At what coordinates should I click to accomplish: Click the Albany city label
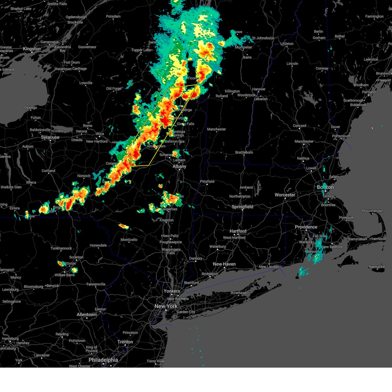click(x=179, y=166)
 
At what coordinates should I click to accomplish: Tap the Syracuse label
click(x=50, y=138)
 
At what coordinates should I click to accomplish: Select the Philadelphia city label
click(x=103, y=360)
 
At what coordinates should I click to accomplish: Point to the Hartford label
click(x=238, y=231)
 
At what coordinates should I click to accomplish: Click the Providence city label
click(x=306, y=227)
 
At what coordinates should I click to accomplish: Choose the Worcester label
click(x=285, y=195)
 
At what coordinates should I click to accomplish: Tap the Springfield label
click(x=242, y=207)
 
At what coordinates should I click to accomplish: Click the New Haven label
click(x=224, y=264)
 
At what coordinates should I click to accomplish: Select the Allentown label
click(x=87, y=315)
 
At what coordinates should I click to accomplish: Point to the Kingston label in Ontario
click(x=32, y=49)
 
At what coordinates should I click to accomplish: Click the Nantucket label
click(x=377, y=267)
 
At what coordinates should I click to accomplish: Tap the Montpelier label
click(x=244, y=47)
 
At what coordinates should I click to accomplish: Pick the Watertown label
click(x=63, y=69)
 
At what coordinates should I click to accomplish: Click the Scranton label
click(x=76, y=257)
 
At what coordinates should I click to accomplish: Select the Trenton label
click(x=125, y=342)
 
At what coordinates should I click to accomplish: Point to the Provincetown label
click(x=372, y=211)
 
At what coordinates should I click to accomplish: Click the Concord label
click(x=299, y=126)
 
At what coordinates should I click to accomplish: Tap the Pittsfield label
click(x=207, y=182)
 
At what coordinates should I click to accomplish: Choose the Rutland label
click(x=221, y=96)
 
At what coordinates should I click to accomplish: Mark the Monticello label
click(x=129, y=240)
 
